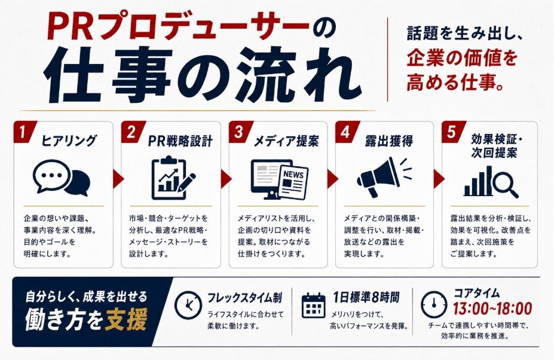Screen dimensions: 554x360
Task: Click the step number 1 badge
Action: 23,132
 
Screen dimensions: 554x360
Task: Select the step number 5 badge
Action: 452,132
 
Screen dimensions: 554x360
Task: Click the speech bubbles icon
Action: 61,178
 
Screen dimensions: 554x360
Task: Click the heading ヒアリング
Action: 69,141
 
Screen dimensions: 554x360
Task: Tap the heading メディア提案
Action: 286,141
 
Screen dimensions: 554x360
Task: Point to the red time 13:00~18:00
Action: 492,309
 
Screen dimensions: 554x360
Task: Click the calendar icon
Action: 313,305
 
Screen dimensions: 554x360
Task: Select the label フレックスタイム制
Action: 244,297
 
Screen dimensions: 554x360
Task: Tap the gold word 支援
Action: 126,320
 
